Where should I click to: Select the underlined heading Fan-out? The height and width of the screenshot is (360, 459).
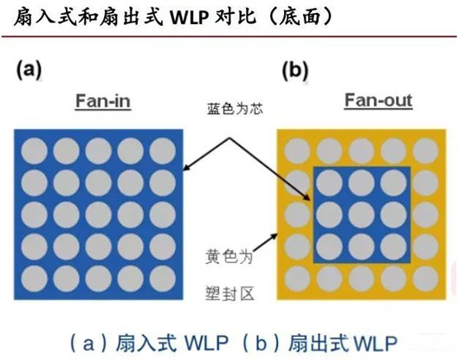coord(378,101)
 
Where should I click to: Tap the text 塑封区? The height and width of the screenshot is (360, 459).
coord(232,293)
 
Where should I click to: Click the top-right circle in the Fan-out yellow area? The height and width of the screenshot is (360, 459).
coord(423,149)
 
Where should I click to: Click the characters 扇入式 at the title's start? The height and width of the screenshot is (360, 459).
coord(32,16)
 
